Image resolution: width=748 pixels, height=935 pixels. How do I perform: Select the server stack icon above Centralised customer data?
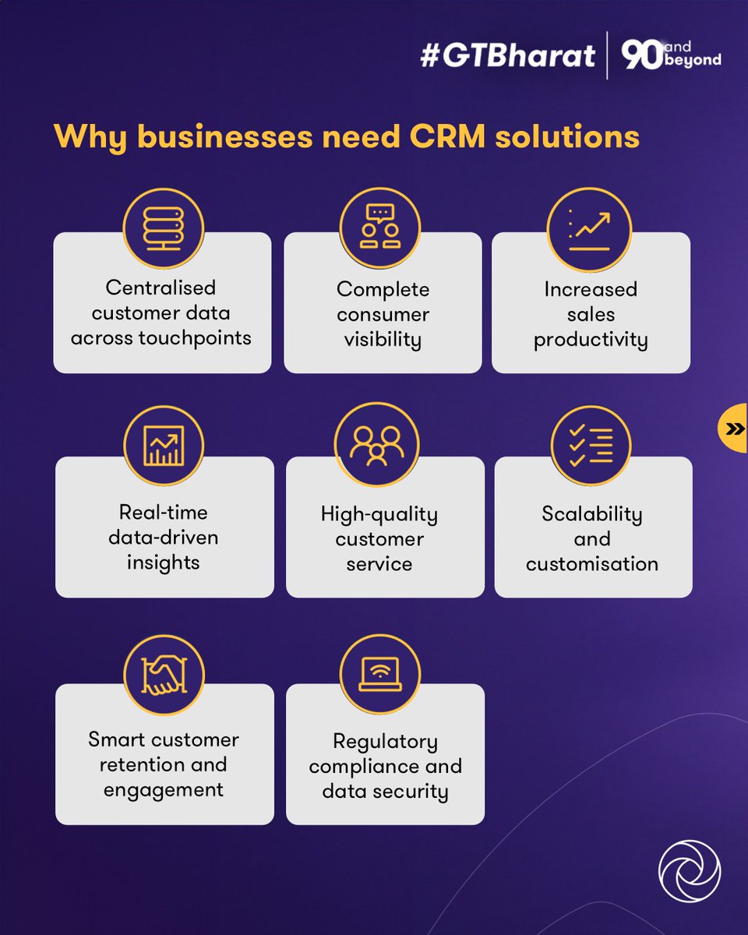pyautogui.click(x=163, y=227)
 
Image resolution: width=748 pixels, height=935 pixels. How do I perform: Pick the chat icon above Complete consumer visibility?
pyautogui.click(x=380, y=227)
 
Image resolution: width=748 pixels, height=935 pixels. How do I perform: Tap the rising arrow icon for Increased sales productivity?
pyautogui.click(x=590, y=227)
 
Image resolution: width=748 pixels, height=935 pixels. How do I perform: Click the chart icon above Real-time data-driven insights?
pyautogui.click(x=164, y=446)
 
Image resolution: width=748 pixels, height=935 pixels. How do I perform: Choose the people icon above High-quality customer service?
pyautogui.click(x=376, y=446)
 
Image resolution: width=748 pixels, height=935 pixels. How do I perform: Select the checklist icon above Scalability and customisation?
pyautogui.click(x=591, y=446)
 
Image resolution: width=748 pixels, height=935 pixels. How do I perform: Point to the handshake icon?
pyautogui.click(x=164, y=674)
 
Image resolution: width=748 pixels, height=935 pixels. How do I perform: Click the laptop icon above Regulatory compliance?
pyautogui.click(x=380, y=674)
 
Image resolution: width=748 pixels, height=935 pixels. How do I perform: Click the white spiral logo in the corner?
pyautogui.click(x=689, y=870)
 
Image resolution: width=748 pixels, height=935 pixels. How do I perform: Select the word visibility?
pyautogui.click(x=383, y=340)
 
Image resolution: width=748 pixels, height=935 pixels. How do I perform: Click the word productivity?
pyautogui.click(x=590, y=340)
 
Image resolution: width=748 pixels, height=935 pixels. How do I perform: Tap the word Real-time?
pyautogui.click(x=163, y=513)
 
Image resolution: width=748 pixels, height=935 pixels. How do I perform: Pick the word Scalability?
pyautogui.click(x=591, y=514)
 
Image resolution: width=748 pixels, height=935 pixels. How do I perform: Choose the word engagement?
pyautogui.click(x=163, y=789)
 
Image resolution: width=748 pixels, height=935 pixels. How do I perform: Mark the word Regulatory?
pyautogui.click(x=385, y=741)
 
